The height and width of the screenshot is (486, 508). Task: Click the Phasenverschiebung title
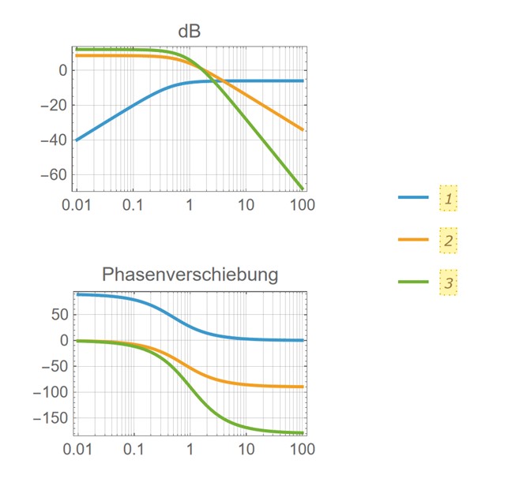190,275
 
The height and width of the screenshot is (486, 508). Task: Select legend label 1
448,198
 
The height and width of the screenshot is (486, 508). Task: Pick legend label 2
448,240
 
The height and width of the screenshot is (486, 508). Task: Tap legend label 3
448,282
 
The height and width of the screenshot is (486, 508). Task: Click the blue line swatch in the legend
413,198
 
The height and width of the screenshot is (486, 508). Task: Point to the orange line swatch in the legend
413,240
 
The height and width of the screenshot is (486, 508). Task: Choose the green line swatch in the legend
413,282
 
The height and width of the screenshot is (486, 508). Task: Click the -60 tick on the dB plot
55,174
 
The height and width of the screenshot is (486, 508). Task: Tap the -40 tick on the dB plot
55,140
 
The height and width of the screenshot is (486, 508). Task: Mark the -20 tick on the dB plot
55,105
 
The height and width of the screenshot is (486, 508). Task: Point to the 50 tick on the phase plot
59,314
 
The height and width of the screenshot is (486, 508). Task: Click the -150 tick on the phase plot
51,418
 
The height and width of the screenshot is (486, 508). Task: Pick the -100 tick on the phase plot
51,392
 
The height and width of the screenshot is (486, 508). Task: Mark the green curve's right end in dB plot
303,188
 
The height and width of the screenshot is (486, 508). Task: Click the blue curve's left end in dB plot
77,140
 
